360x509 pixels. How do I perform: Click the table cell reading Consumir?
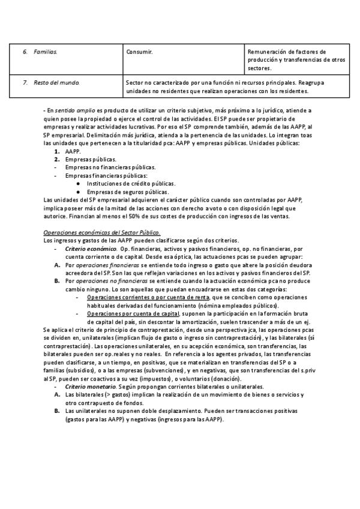click(139, 52)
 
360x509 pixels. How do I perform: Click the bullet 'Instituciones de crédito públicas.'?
click(131, 184)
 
